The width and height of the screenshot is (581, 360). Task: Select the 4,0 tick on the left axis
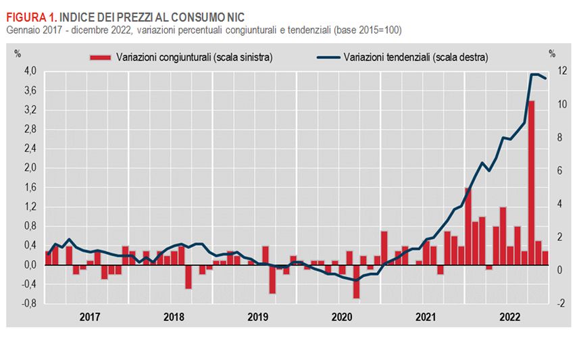30,71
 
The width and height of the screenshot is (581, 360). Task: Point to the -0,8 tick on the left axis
30,304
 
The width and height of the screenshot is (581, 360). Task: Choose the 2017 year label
90,316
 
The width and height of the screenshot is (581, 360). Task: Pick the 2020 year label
342,316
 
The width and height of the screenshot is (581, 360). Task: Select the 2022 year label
509,316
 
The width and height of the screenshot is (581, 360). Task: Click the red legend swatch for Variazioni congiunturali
102,57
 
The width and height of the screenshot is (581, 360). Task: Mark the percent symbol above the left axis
18,53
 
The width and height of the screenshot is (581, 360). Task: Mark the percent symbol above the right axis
552,53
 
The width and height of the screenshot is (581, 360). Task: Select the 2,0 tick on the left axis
30,168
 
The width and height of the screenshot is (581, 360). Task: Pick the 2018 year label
174,316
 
